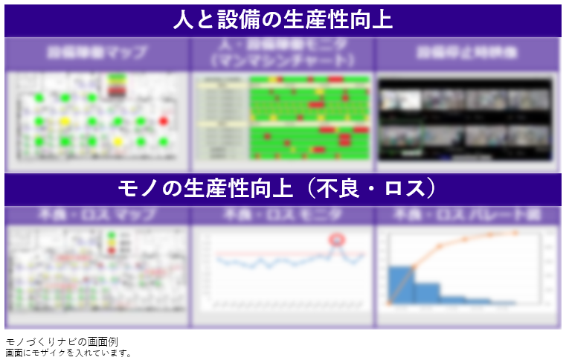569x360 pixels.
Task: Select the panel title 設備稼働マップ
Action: (x=97, y=54)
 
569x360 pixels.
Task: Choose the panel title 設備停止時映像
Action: (x=467, y=54)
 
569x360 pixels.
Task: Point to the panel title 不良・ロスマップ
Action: (x=97, y=216)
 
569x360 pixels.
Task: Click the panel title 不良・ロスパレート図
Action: (x=467, y=216)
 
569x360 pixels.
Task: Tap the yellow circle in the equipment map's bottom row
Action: (x=118, y=141)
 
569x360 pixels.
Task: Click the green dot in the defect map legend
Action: (x=112, y=236)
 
